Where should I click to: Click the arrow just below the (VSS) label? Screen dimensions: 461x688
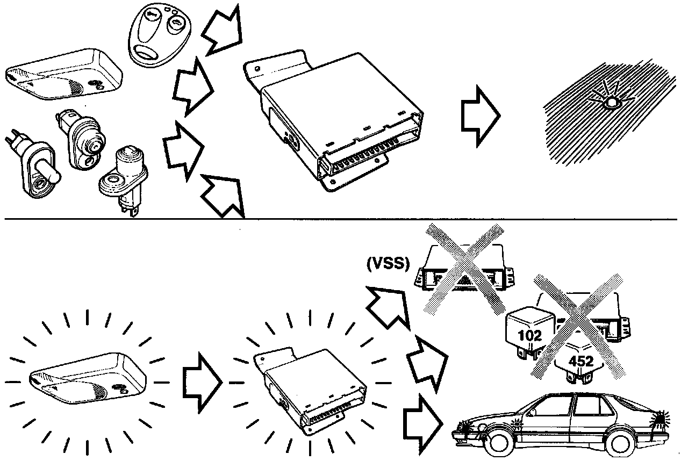pyautogui.click(x=389, y=307)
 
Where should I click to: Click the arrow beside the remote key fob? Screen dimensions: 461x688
pyautogui.click(x=222, y=31)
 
